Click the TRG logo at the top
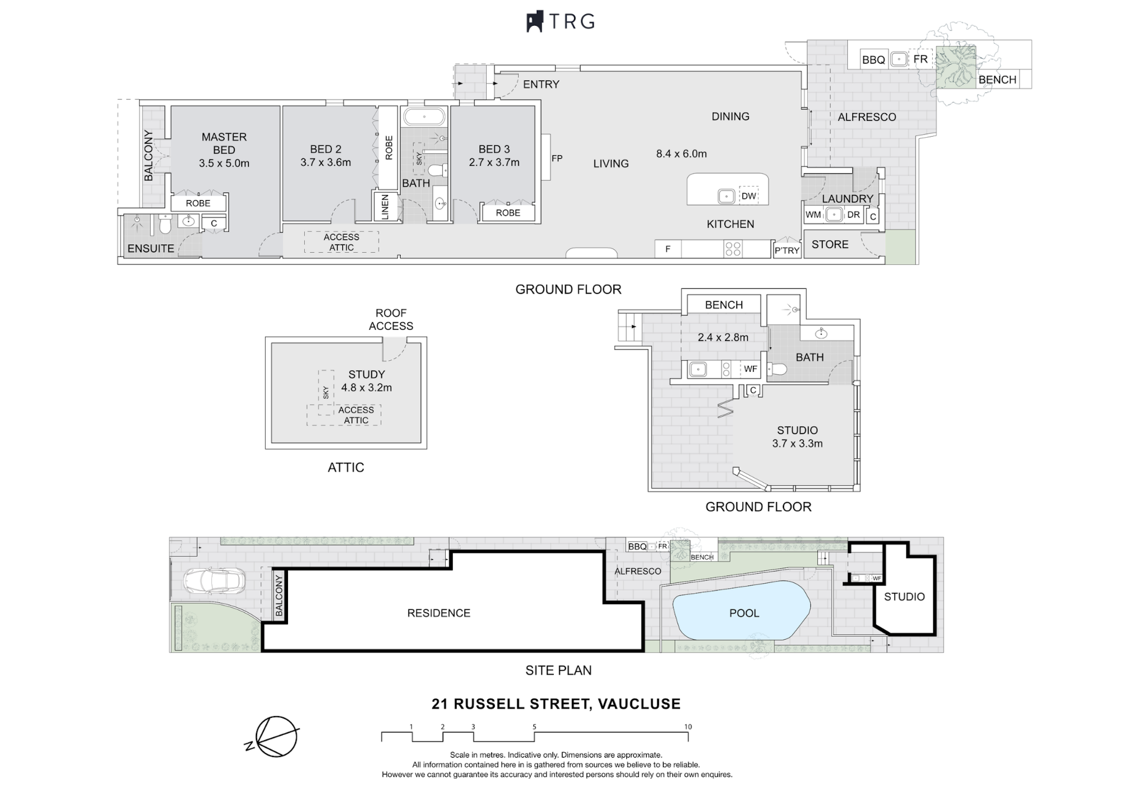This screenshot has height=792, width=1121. coord(560,22)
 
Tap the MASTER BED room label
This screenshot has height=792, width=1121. coord(224,143)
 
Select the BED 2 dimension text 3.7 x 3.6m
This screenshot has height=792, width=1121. coord(325,162)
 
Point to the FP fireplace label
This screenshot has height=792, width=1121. coord(557,158)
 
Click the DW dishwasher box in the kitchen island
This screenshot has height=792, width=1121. coord(748,196)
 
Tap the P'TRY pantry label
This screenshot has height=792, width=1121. coord(786,250)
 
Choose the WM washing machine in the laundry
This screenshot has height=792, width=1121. coord(813,215)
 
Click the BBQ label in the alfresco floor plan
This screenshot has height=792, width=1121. coord(873,60)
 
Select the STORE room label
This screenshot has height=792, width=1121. coord(830,245)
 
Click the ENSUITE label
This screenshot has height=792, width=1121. coord(151,249)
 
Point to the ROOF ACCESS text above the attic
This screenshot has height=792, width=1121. coord(391,319)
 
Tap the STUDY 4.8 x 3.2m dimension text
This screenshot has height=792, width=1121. coord(366,388)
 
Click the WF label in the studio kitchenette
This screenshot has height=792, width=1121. coord(750,369)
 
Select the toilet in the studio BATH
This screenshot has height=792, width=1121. coord(777,369)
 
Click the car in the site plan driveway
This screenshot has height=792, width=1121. coord(214,581)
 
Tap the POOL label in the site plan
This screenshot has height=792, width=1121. coord(744,613)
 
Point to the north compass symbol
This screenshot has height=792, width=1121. coord(273,737)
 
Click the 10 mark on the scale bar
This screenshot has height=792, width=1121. coord(688,727)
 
